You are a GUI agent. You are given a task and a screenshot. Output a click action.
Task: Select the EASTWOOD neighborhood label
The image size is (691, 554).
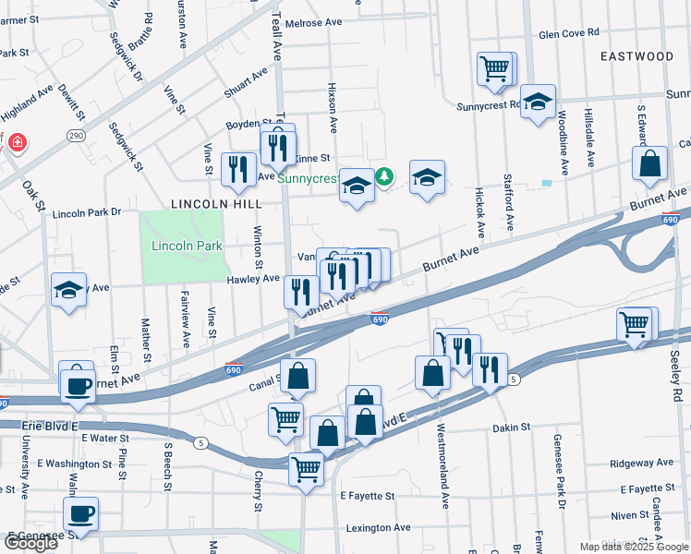click(636, 56)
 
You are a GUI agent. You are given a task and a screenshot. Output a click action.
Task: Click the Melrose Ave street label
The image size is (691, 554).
click(313, 22)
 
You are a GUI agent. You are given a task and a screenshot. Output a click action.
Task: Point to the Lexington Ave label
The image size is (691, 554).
click(378, 528)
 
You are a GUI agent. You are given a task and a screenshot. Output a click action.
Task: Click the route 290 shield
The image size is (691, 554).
click(76, 136)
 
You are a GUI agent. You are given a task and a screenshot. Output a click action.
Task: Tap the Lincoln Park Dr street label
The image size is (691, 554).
click(87, 212)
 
